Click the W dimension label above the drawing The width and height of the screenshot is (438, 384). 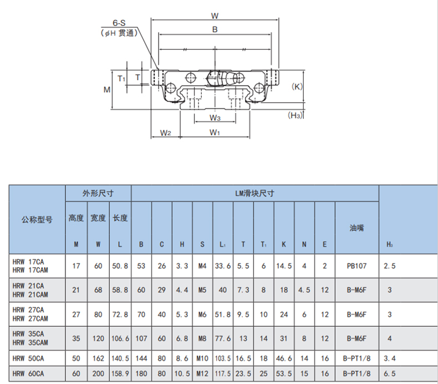pos(215,16)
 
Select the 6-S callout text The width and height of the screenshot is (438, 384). pos(119,23)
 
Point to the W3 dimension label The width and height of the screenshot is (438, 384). pos(215,118)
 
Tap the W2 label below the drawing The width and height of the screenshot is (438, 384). pos(165,133)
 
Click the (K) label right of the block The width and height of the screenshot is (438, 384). pos(297,86)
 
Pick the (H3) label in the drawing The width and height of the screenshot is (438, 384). pos(296,115)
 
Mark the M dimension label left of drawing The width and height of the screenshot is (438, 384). pos(107,90)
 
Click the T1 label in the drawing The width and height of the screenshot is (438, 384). pos(121,79)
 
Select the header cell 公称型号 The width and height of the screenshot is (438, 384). pos(37,220)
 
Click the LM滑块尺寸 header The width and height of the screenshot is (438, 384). pos(254,193)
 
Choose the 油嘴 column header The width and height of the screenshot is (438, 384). pos(356,228)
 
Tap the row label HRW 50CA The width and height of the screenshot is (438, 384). pos(28,358)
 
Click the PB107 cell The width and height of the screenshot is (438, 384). pos(356,266)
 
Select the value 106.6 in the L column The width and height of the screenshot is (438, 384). pos(120,339)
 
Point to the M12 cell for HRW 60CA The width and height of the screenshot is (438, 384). pos(202,373)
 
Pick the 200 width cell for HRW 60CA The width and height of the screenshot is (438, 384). pos(98,373)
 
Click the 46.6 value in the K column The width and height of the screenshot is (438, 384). pos(284,358)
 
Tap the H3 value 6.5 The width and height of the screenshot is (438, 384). pos(389,373)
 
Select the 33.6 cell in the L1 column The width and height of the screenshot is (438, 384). pos(223,266)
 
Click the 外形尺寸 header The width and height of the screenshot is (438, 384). pos(98,193)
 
